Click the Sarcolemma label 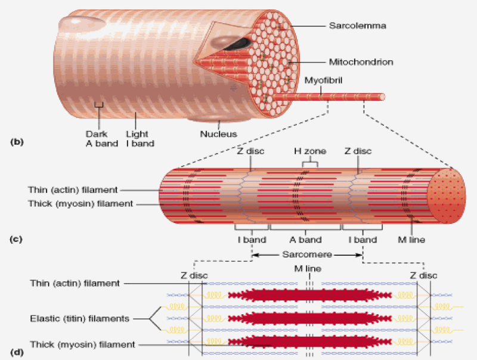click(352, 26)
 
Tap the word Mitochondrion click(361, 61)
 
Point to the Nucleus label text click(220, 134)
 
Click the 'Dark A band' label click(97, 138)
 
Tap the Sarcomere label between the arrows click(307, 253)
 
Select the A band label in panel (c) click(305, 240)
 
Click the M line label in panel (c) click(412, 240)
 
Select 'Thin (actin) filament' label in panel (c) click(72, 190)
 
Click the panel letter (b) click(16, 142)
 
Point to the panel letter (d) click(16, 351)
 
